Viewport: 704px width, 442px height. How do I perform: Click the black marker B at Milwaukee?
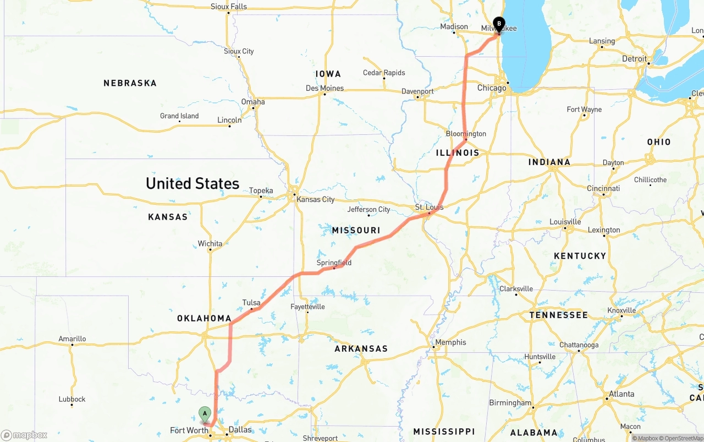pyautogui.click(x=498, y=24)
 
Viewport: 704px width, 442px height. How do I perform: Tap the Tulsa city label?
pyautogui.click(x=251, y=303)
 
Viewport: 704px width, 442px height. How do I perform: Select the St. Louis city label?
pyautogui.click(x=429, y=208)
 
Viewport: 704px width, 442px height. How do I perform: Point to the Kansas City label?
pyautogui.click(x=315, y=199)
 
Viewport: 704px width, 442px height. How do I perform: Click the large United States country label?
pyautogui.click(x=193, y=183)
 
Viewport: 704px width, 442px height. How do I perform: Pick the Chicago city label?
pyautogui.click(x=492, y=88)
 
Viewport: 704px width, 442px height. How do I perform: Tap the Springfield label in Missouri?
pyautogui.click(x=334, y=263)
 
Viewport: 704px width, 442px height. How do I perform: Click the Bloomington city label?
pyautogui.click(x=466, y=134)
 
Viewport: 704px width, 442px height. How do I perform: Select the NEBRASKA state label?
pyautogui.click(x=130, y=83)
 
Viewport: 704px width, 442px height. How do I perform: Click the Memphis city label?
pyautogui.click(x=450, y=342)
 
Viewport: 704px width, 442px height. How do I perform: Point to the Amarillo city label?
pyautogui.click(x=72, y=339)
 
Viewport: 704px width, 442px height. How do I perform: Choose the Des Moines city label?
pyautogui.click(x=324, y=88)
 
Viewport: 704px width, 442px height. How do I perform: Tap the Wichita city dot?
pyautogui.click(x=210, y=250)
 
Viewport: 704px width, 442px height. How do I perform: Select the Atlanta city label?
pyautogui.click(x=621, y=394)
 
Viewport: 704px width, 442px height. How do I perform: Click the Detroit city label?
pyautogui.click(x=634, y=58)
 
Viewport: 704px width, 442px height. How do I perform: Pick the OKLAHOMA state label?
pyautogui.click(x=204, y=318)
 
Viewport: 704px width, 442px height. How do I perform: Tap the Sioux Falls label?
pyautogui.click(x=229, y=7)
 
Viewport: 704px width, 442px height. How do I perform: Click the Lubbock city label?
pyautogui.click(x=72, y=399)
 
